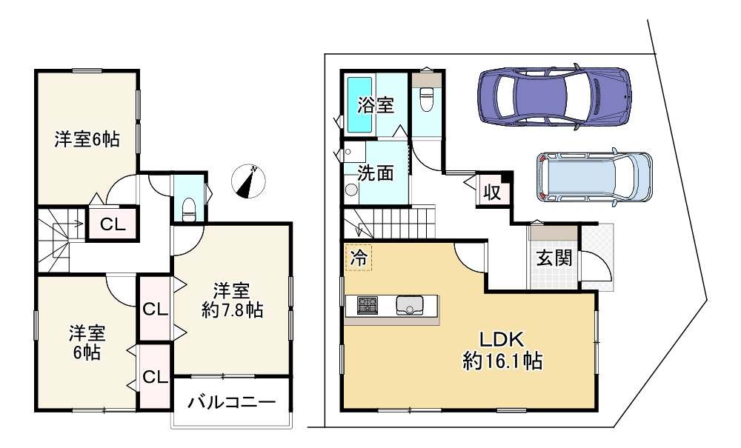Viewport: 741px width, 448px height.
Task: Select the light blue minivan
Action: tap(594, 178)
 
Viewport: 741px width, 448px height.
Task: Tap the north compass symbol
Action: tap(247, 181)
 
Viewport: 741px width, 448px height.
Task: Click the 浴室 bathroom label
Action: tap(376, 105)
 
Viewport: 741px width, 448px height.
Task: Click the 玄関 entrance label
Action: tap(554, 259)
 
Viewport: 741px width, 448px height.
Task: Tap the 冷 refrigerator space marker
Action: tap(358, 258)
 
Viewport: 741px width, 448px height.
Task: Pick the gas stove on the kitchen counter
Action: tap(368, 304)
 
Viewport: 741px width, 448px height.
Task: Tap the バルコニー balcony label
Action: tap(231, 404)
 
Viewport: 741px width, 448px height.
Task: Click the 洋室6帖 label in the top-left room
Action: tap(87, 138)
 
